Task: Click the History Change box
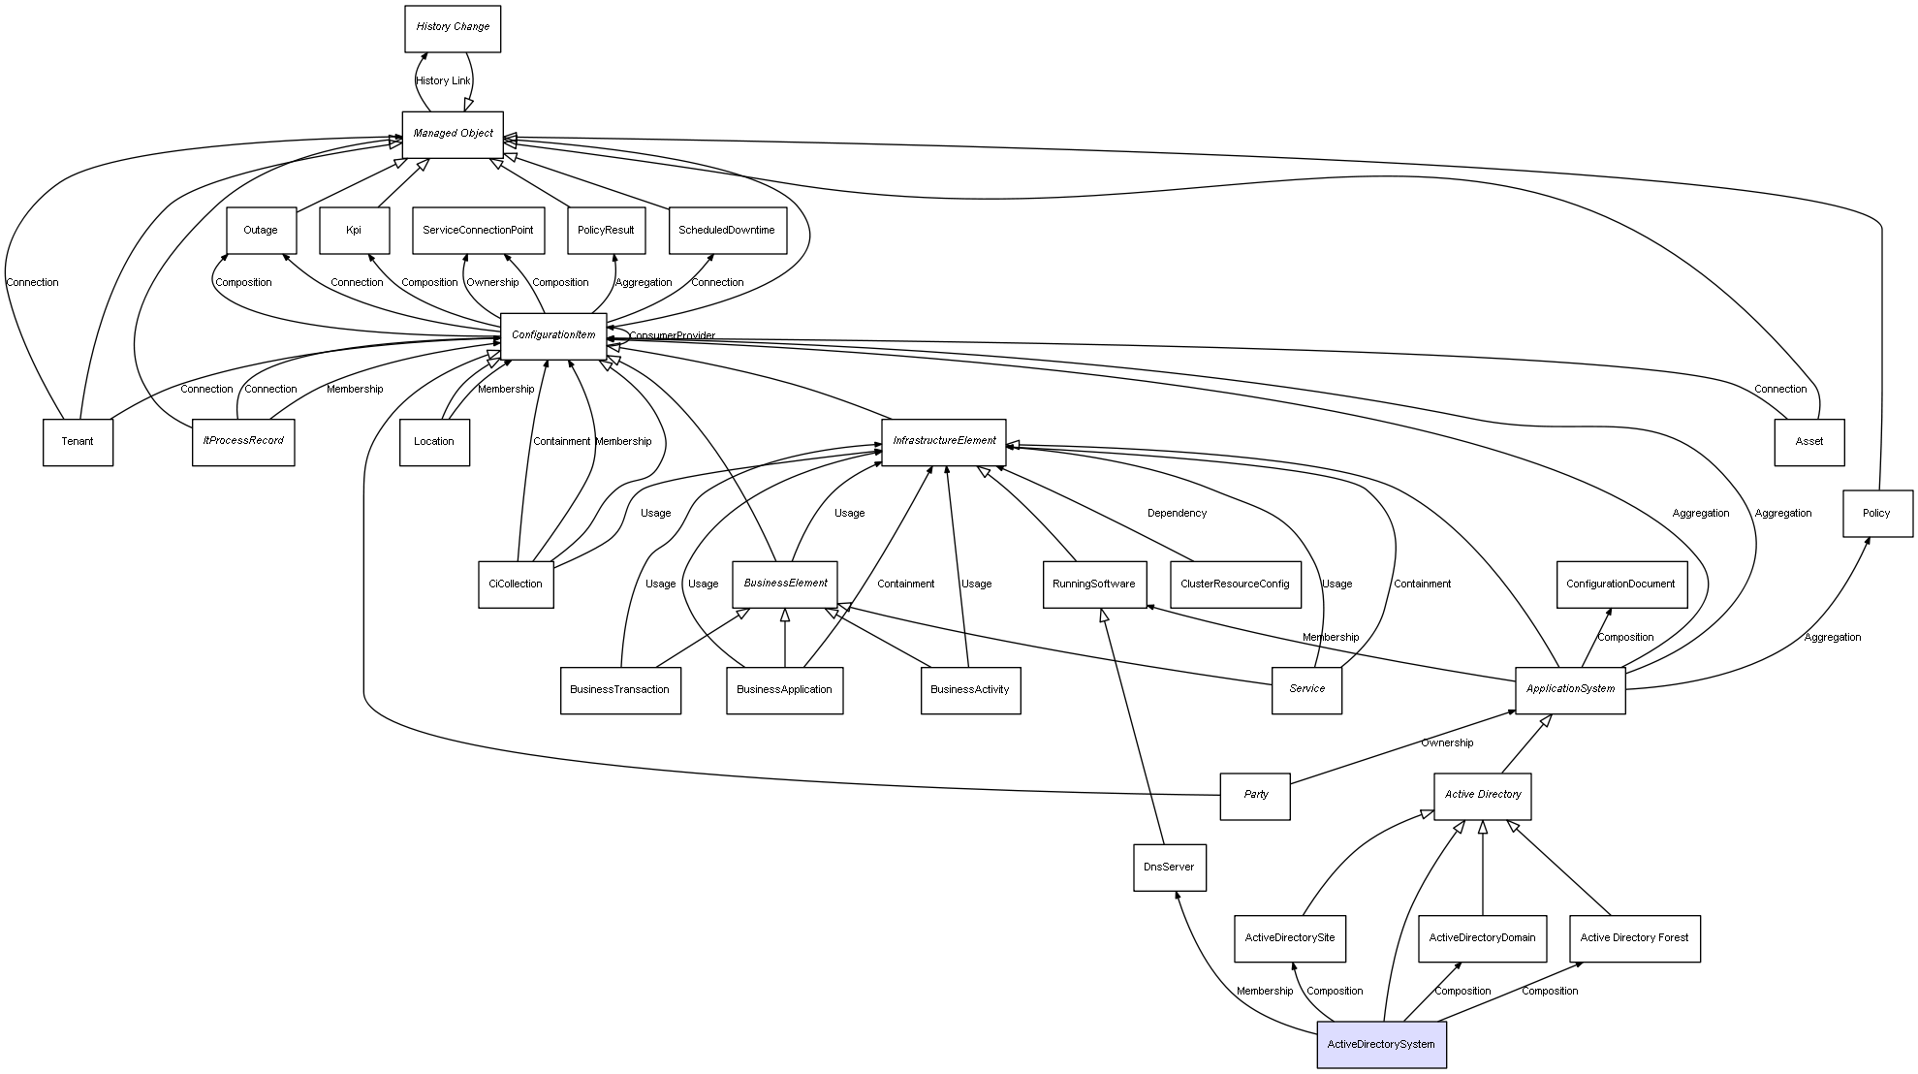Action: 453,28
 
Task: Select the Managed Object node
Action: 453,134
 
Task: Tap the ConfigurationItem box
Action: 553,335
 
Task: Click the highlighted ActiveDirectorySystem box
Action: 1381,1045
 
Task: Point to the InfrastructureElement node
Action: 944,441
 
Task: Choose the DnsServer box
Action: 1169,868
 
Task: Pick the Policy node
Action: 1877,514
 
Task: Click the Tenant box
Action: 78,442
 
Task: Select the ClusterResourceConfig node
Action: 1235,584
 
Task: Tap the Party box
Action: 1255,795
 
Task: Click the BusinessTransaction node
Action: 620,690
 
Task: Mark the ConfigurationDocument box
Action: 1620,584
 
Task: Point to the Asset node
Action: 1808,442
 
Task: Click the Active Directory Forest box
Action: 1634,938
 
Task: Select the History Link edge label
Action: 443,81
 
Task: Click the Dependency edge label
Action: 1177,514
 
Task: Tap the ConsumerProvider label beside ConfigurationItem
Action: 672,336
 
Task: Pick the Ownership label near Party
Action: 1447,743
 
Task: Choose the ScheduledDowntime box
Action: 727,231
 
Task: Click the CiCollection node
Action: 516,584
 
